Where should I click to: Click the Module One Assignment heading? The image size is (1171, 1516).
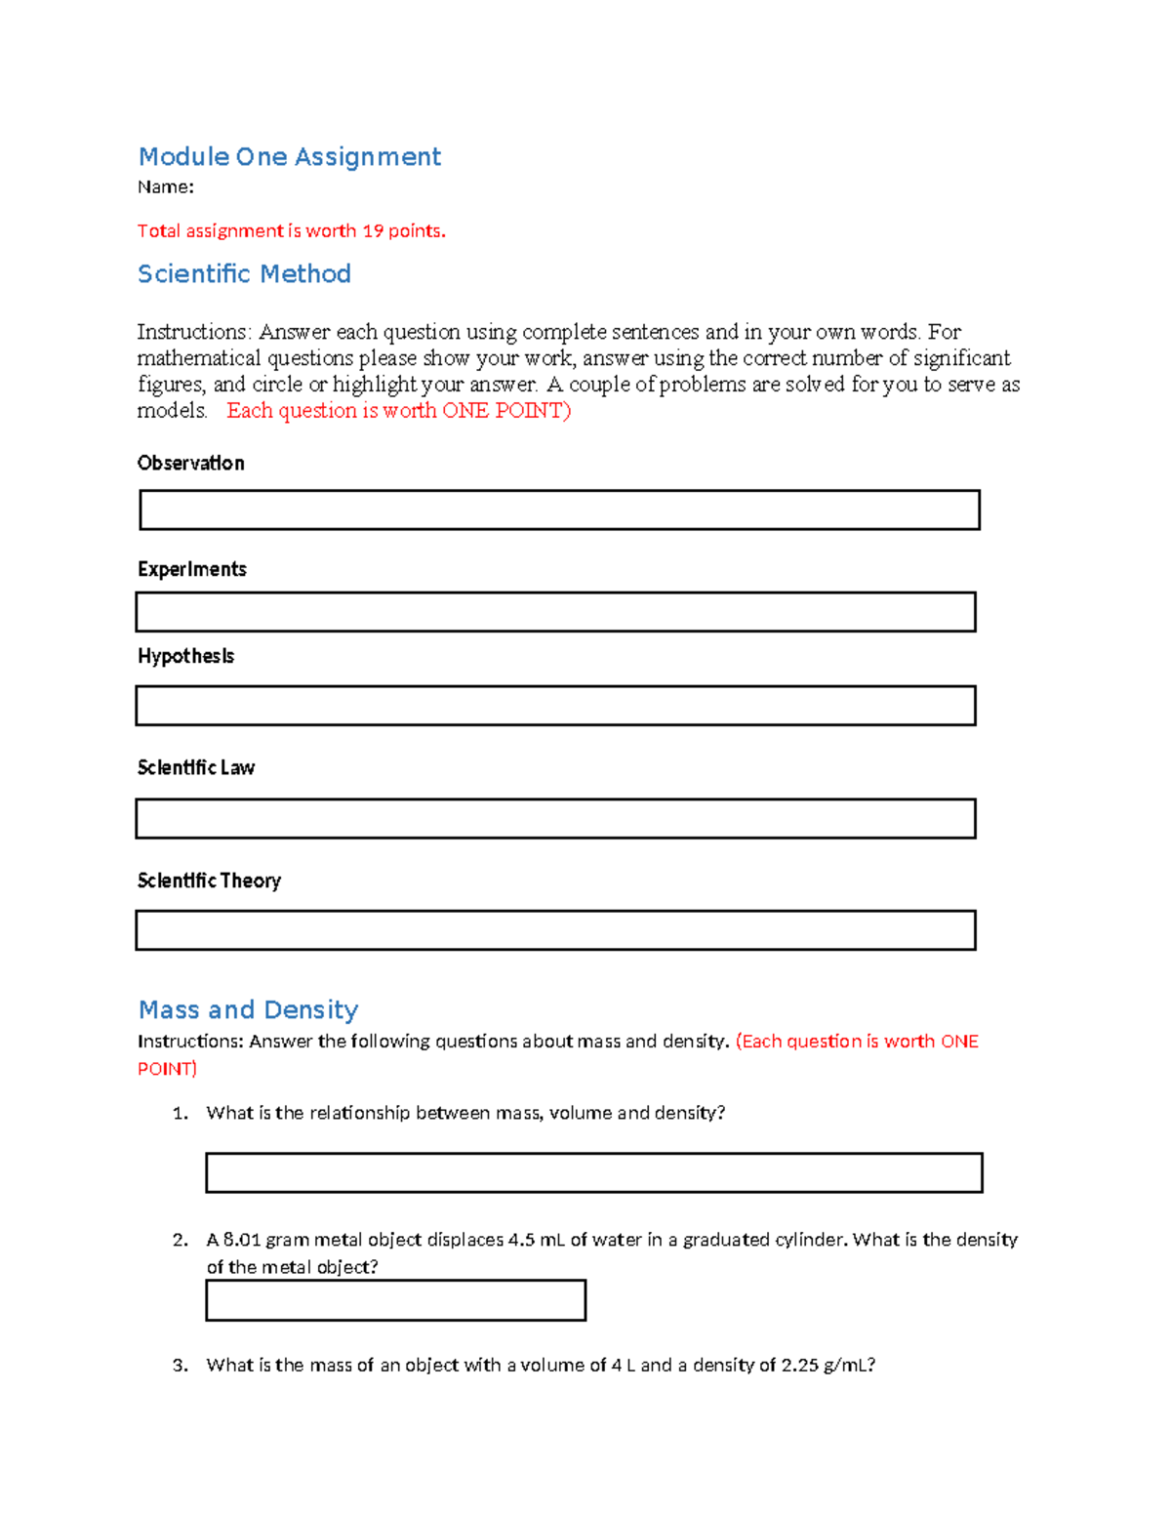[289, 156]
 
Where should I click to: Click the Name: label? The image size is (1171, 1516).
[165, 187]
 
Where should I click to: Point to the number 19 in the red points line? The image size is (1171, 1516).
[373, 231]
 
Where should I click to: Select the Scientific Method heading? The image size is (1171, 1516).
[244, 274]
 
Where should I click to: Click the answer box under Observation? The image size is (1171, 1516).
[559, 511]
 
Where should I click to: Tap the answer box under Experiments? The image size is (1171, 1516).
[555, 612]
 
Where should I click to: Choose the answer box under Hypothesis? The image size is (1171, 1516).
[555, 706]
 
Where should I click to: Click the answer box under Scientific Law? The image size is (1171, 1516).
[555, 819]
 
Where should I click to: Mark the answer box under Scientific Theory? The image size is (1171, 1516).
[555, 930]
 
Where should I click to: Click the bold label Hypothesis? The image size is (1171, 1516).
[185, 656]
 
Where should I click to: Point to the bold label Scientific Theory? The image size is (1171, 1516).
[209, 881]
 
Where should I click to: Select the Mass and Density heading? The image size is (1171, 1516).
[248, 1009]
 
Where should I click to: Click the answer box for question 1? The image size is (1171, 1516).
[593, 1172]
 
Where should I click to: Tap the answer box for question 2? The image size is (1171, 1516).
[395, 1300]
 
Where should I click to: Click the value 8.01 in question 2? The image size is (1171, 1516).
[242, 1240]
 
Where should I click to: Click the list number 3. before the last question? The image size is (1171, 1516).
[180, 1365]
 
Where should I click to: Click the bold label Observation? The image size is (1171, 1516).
[190, 463]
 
